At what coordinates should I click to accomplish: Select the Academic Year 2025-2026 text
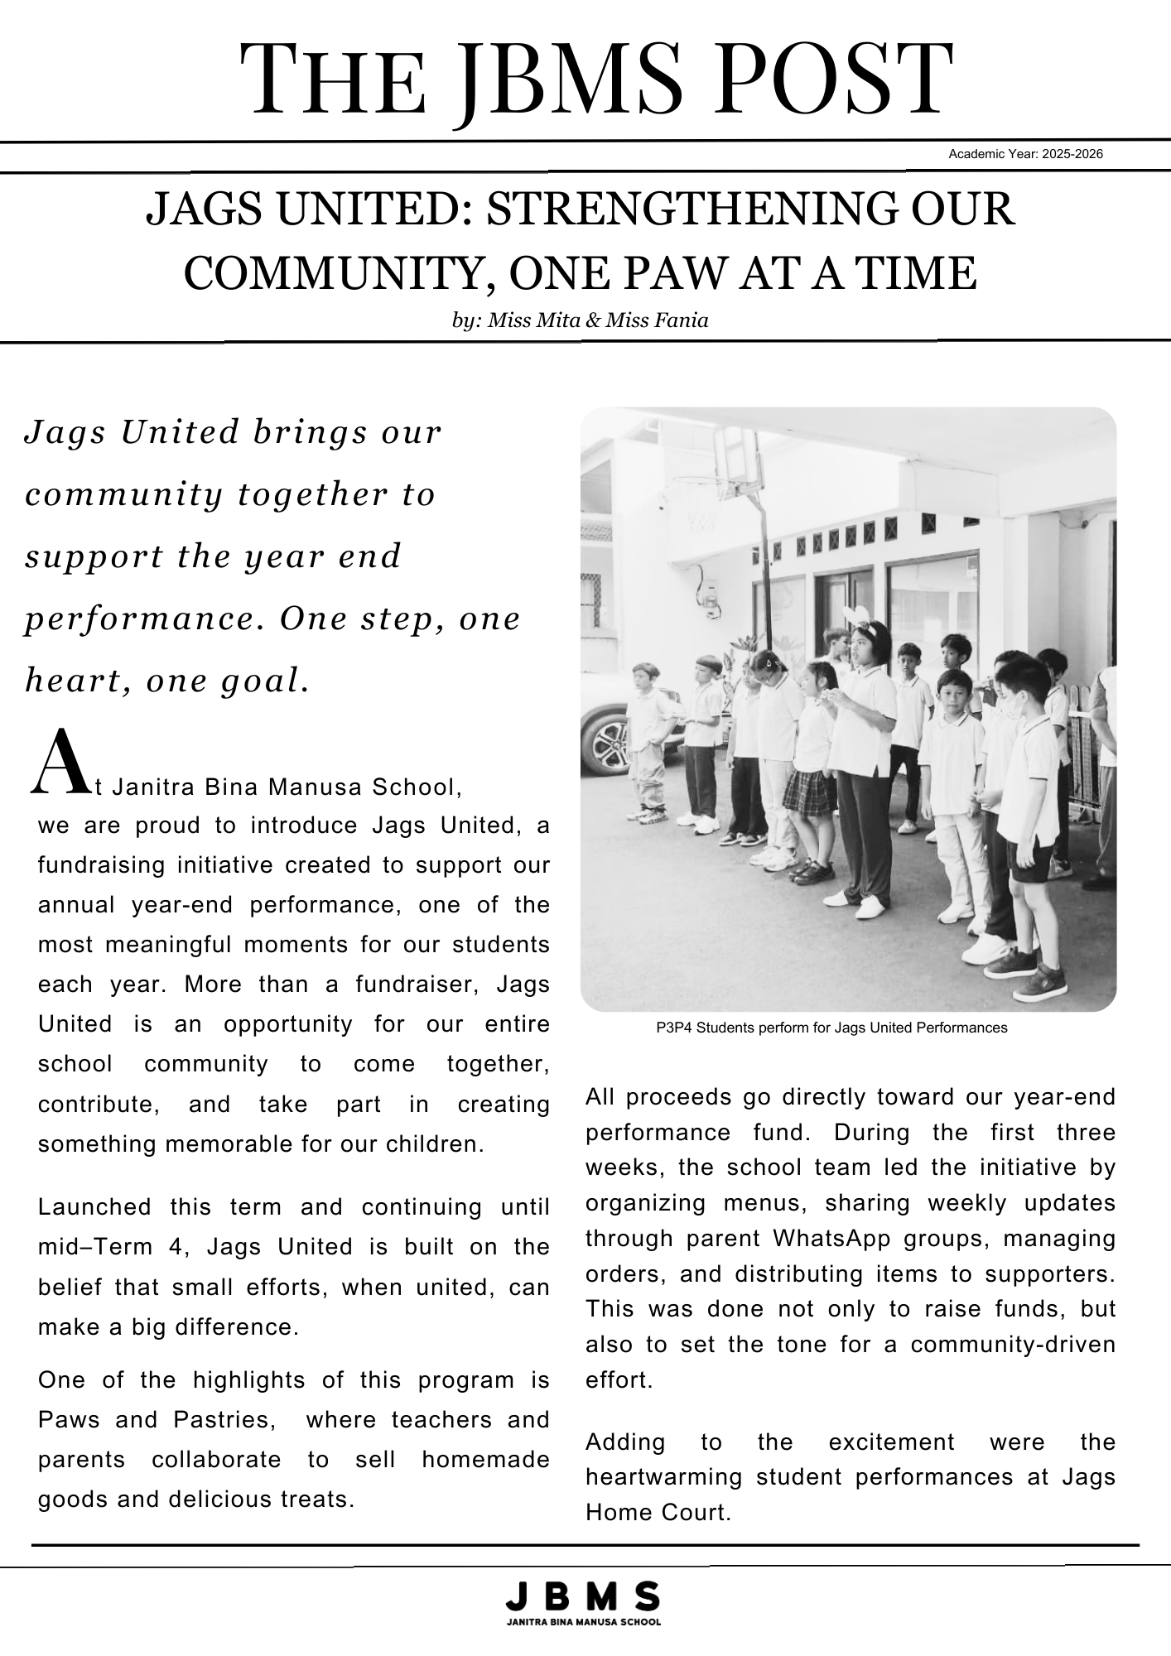pos(1025,154)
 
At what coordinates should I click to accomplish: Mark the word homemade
pos(485,1459)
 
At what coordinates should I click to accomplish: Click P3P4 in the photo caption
pos(675,1028)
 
